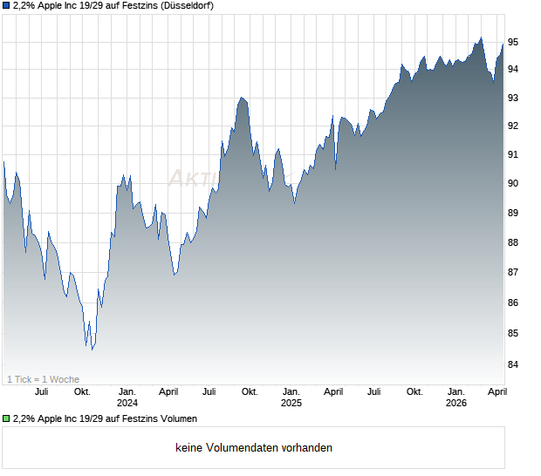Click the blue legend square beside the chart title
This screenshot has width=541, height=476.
[6, 5]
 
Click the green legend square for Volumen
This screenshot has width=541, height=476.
[6, 418]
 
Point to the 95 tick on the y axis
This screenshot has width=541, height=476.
[514, 41]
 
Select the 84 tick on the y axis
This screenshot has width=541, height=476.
[514, 364]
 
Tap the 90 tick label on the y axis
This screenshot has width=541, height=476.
[514, 183]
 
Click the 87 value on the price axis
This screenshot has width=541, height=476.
[514, 273]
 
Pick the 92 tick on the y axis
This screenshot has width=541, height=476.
[514, 126]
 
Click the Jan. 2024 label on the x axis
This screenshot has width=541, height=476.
[127, 397]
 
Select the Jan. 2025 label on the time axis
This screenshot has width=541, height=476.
[291, 397]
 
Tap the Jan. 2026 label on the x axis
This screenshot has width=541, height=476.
[456, 397]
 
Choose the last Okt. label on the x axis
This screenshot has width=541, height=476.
[415, 391]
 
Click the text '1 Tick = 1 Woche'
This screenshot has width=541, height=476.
[43, 379]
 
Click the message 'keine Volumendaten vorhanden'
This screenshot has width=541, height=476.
[254, 448]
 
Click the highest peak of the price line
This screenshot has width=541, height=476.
[480, 37]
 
